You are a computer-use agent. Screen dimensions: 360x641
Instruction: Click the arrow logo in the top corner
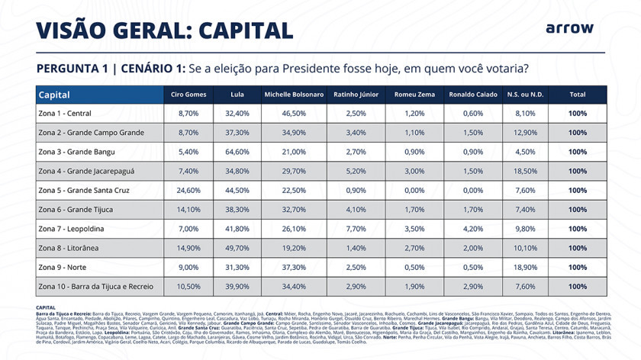569,28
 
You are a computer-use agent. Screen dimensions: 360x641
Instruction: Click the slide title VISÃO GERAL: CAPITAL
165,30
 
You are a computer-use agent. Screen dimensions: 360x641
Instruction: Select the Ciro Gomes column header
188,95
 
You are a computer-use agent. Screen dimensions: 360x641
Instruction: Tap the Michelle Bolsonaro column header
294,95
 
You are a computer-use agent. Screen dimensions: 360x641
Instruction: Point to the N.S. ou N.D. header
525,95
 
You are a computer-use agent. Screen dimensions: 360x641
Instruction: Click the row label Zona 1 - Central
65,114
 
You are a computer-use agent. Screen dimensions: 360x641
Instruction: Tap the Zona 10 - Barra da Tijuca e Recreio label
95,287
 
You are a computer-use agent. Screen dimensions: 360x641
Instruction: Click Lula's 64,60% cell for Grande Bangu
237,152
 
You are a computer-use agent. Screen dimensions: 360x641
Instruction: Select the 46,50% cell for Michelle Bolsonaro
294,114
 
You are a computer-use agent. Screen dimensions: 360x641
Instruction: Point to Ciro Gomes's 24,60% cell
188,191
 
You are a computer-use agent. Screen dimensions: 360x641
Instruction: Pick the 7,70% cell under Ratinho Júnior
356,229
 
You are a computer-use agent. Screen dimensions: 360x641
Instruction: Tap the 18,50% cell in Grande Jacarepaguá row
525,172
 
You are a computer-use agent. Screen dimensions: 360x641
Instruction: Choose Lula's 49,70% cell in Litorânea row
237,249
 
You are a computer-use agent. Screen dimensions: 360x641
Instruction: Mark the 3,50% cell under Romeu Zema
414,229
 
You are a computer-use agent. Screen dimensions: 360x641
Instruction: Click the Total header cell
578,95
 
